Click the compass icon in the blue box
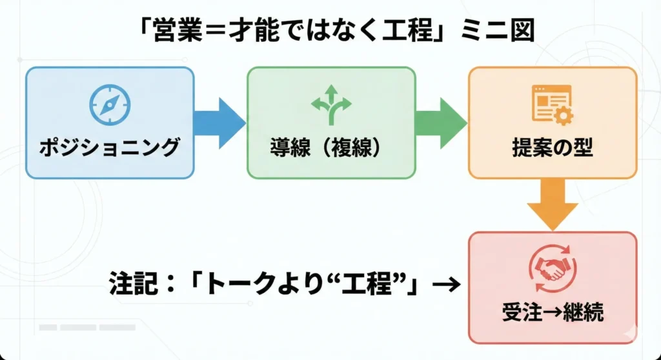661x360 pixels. click(110, 105)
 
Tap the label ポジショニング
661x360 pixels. click(109, 148)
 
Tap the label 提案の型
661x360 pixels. click(552, 148)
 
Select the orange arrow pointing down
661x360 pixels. click(552, 203)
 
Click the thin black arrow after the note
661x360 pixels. click(445, 284)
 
